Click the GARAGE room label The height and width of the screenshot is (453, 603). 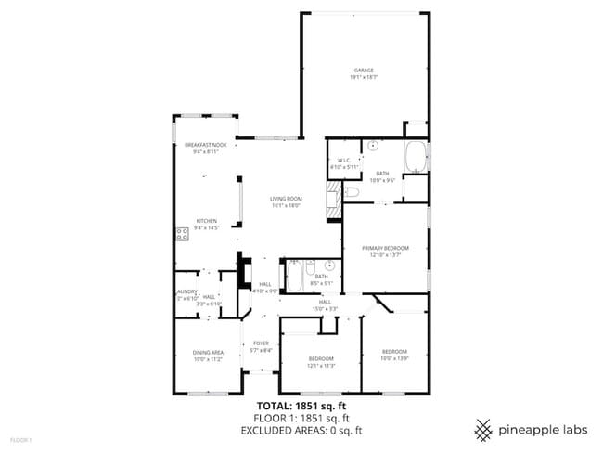click(x=363, y=71)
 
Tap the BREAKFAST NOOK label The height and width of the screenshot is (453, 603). click(x=205, y=146)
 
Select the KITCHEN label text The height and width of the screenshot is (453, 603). click(x=205, y=221)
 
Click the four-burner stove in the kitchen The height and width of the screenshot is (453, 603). click(x=182, y=234)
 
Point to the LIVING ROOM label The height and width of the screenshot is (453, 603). click(x=287, y=199)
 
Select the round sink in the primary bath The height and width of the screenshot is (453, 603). click(x=373, y=146)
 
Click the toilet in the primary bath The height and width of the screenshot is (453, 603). click(x=353, y=192)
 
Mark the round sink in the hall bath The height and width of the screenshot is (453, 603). click(x=329, y=265)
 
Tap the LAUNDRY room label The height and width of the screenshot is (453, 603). click(x=187, y=291)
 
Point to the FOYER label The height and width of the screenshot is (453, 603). click(x=262, y=343)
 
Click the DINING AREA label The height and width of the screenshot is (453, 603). click(x=208, y=352)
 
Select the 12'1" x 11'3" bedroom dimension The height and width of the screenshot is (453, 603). click(x=321, y=365)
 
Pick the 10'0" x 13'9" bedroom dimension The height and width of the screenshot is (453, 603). click(x=395, y=356)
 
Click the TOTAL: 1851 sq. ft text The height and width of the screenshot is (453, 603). click(x=301, y=407)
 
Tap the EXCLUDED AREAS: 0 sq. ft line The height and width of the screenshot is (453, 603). click(x=301, y=431)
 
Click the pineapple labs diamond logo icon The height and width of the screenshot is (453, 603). click(x=483, y=430)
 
